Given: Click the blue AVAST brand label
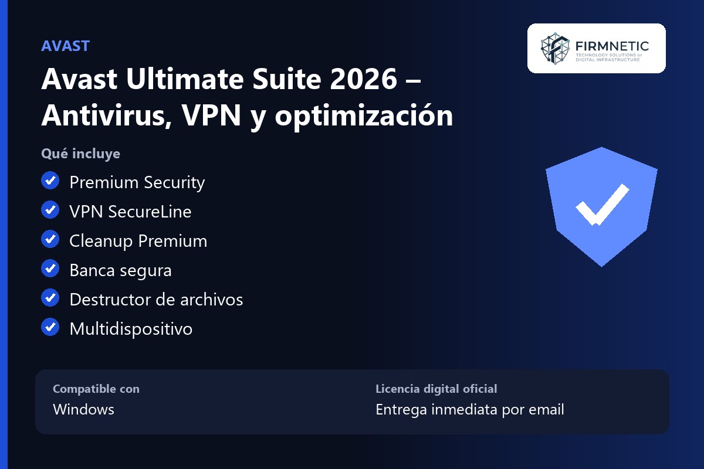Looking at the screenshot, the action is [x=65, y=46].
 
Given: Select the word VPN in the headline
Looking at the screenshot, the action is [x=211, y=115].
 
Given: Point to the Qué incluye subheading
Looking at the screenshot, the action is [x=80, y=154].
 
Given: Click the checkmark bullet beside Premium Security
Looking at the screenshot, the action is [x=50, y=181].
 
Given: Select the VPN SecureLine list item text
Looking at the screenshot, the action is [x=130, y=212].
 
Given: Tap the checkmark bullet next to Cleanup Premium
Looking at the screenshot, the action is [x=50, y=239].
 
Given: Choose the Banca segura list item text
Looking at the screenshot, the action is [x=121, y=271].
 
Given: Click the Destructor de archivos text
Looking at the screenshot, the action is [x=156, y=300].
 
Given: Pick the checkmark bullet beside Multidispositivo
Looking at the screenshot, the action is [x=50, y=327].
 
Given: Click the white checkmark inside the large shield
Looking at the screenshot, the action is [x=602, y=205].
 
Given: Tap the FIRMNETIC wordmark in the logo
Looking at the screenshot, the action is [x=612, y=46].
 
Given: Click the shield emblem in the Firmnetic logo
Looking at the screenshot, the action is [x=555, y=49].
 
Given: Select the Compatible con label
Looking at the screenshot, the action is [x=96, y=389].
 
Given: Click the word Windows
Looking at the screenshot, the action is [x=83, y=409].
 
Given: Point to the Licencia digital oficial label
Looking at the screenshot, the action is [x=436, y=389].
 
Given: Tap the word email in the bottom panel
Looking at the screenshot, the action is [x=546, y=409].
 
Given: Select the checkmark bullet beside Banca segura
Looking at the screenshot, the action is [x=50, y=269].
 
